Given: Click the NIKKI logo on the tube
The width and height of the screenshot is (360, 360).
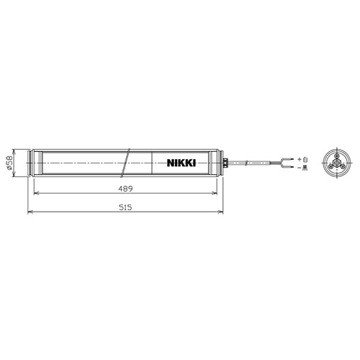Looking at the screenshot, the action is [x=181, y=163].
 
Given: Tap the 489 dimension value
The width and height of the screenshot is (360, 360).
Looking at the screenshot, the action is [x=125, y=189].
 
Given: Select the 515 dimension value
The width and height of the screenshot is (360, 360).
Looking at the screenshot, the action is [x=125, y=207].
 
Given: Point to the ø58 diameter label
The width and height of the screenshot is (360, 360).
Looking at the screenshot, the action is [x=9, y=163].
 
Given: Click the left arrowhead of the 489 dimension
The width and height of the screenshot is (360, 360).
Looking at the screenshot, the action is [x=36, y=193].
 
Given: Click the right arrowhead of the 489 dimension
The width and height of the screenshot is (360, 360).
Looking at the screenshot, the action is [x=215, y=193].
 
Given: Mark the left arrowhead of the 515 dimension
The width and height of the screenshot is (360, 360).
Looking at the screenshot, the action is [x=30, y=212].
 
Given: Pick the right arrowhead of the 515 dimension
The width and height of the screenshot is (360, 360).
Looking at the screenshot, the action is [x=220, y=212].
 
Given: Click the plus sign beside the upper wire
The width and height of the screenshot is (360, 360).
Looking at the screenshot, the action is [x=299, y=159].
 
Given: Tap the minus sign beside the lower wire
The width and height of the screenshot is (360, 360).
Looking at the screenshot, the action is [x=299, y=167].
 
